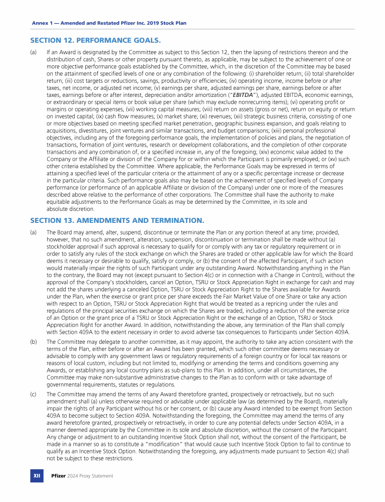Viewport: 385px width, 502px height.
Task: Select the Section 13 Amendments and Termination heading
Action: click(x=117, y=220)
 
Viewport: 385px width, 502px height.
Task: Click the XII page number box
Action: click(x=37, y=475)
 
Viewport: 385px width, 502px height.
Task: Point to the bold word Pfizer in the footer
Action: click(x=59, y=475)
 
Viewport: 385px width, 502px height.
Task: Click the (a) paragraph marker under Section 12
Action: click(x=33, y=52)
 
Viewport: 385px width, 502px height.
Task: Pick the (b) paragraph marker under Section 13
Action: click(x=33, y=342)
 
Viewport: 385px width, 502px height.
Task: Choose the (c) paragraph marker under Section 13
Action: click(x=33, y=394)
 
